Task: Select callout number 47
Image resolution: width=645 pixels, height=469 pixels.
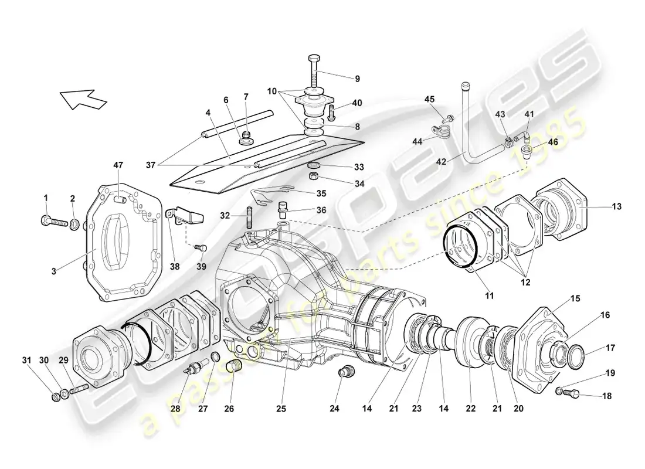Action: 118,166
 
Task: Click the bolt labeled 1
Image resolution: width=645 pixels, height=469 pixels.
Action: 52,222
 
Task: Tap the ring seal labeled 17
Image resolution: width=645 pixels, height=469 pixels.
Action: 576,355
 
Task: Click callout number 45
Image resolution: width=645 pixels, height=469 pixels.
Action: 430,98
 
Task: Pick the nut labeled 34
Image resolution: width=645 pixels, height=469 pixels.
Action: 314,176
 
